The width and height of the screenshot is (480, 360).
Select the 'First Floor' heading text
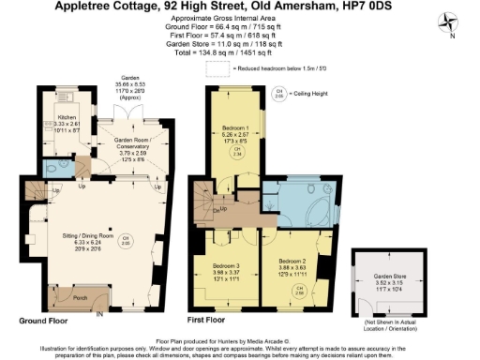click(x=210, y=319)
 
